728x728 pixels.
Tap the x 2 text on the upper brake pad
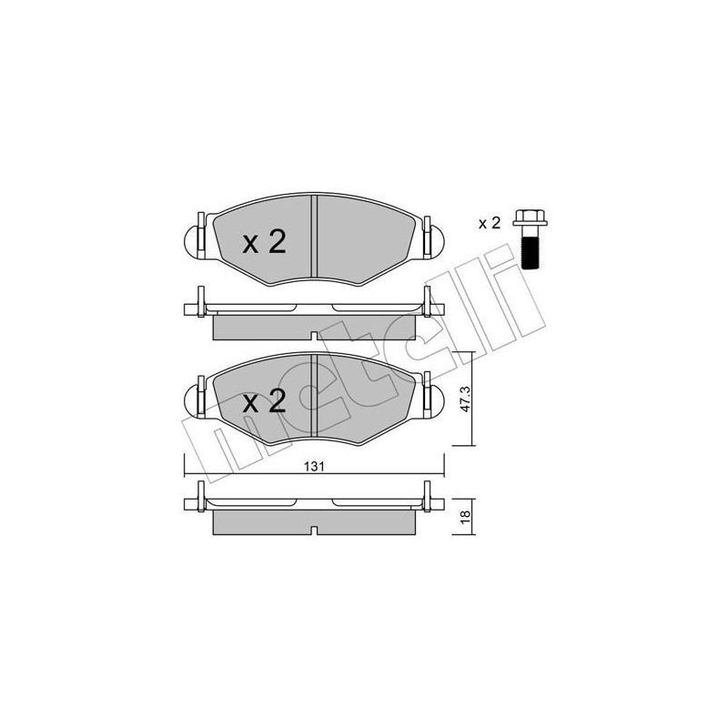(x=264, y=241)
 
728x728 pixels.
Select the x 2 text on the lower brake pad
(x=264, y=401)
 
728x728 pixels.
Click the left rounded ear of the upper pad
(x=194, y=239)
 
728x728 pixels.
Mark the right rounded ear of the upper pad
(x=430, y=239)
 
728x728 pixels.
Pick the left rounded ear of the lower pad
(x=194, y=399)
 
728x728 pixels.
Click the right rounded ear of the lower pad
(x=430, y=399)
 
